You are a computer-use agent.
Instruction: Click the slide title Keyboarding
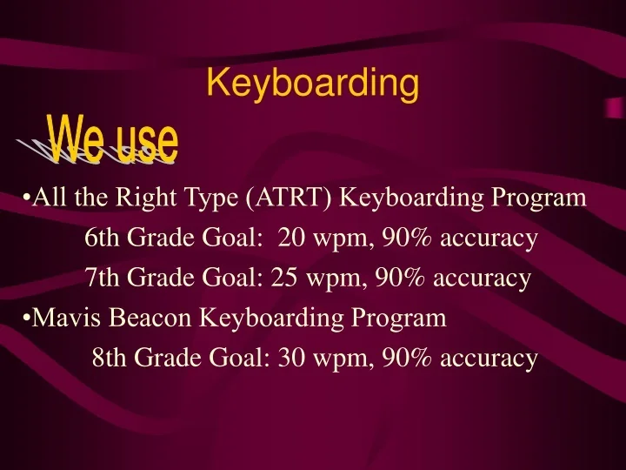tap(313, 84)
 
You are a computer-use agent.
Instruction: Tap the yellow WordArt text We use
tap(114, 142)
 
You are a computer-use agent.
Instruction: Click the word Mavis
tap(58, 318)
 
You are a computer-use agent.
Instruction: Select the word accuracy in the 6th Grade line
tap(489, 238)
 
